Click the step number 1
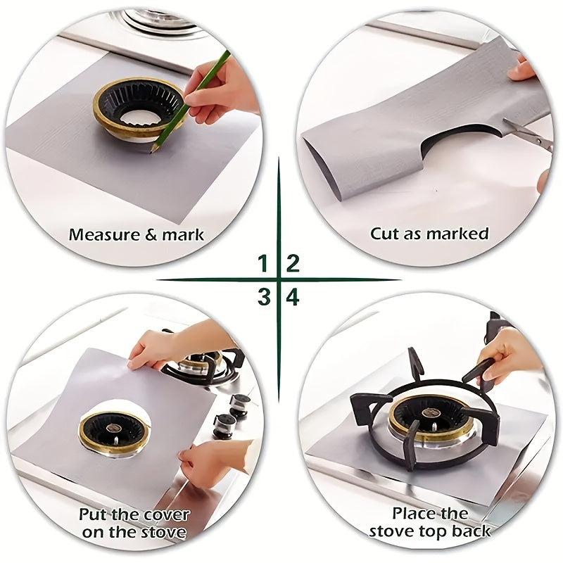point(263,264)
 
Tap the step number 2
point(293,264)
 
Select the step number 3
point(263,297)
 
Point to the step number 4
point(293,297)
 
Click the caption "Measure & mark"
point(136,234)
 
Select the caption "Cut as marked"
point(429,233)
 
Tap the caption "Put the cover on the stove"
point(134,523)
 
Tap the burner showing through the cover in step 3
point(115,431)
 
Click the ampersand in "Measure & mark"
point(150,234)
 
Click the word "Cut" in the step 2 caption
point(386,233)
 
